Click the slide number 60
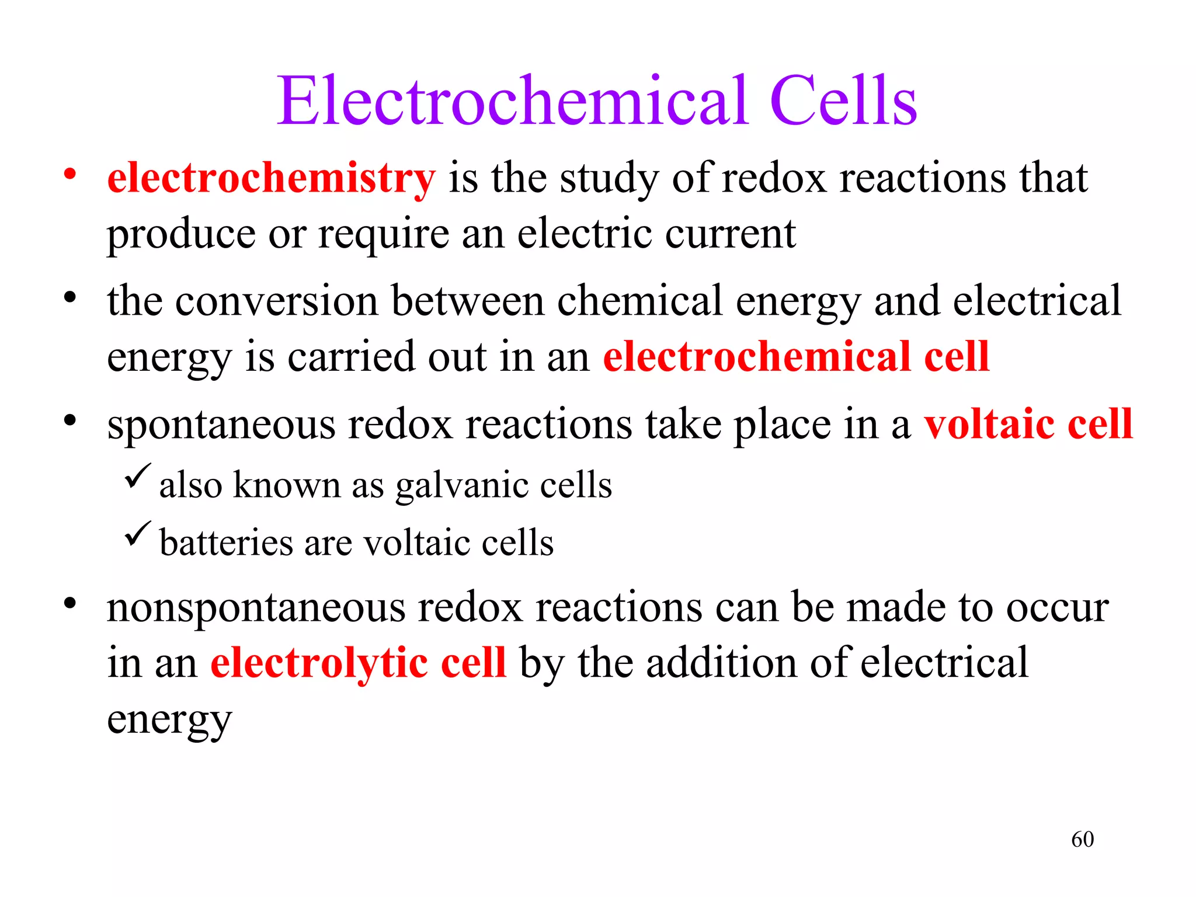(x=1082, y=839)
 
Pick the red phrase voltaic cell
(x=1028, y=424)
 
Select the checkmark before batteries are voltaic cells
(x=138, y=534)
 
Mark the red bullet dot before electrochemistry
(x=70, y=174)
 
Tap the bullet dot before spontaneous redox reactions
(x=70, y=420)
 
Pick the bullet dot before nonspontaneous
(x=70, y=604)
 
